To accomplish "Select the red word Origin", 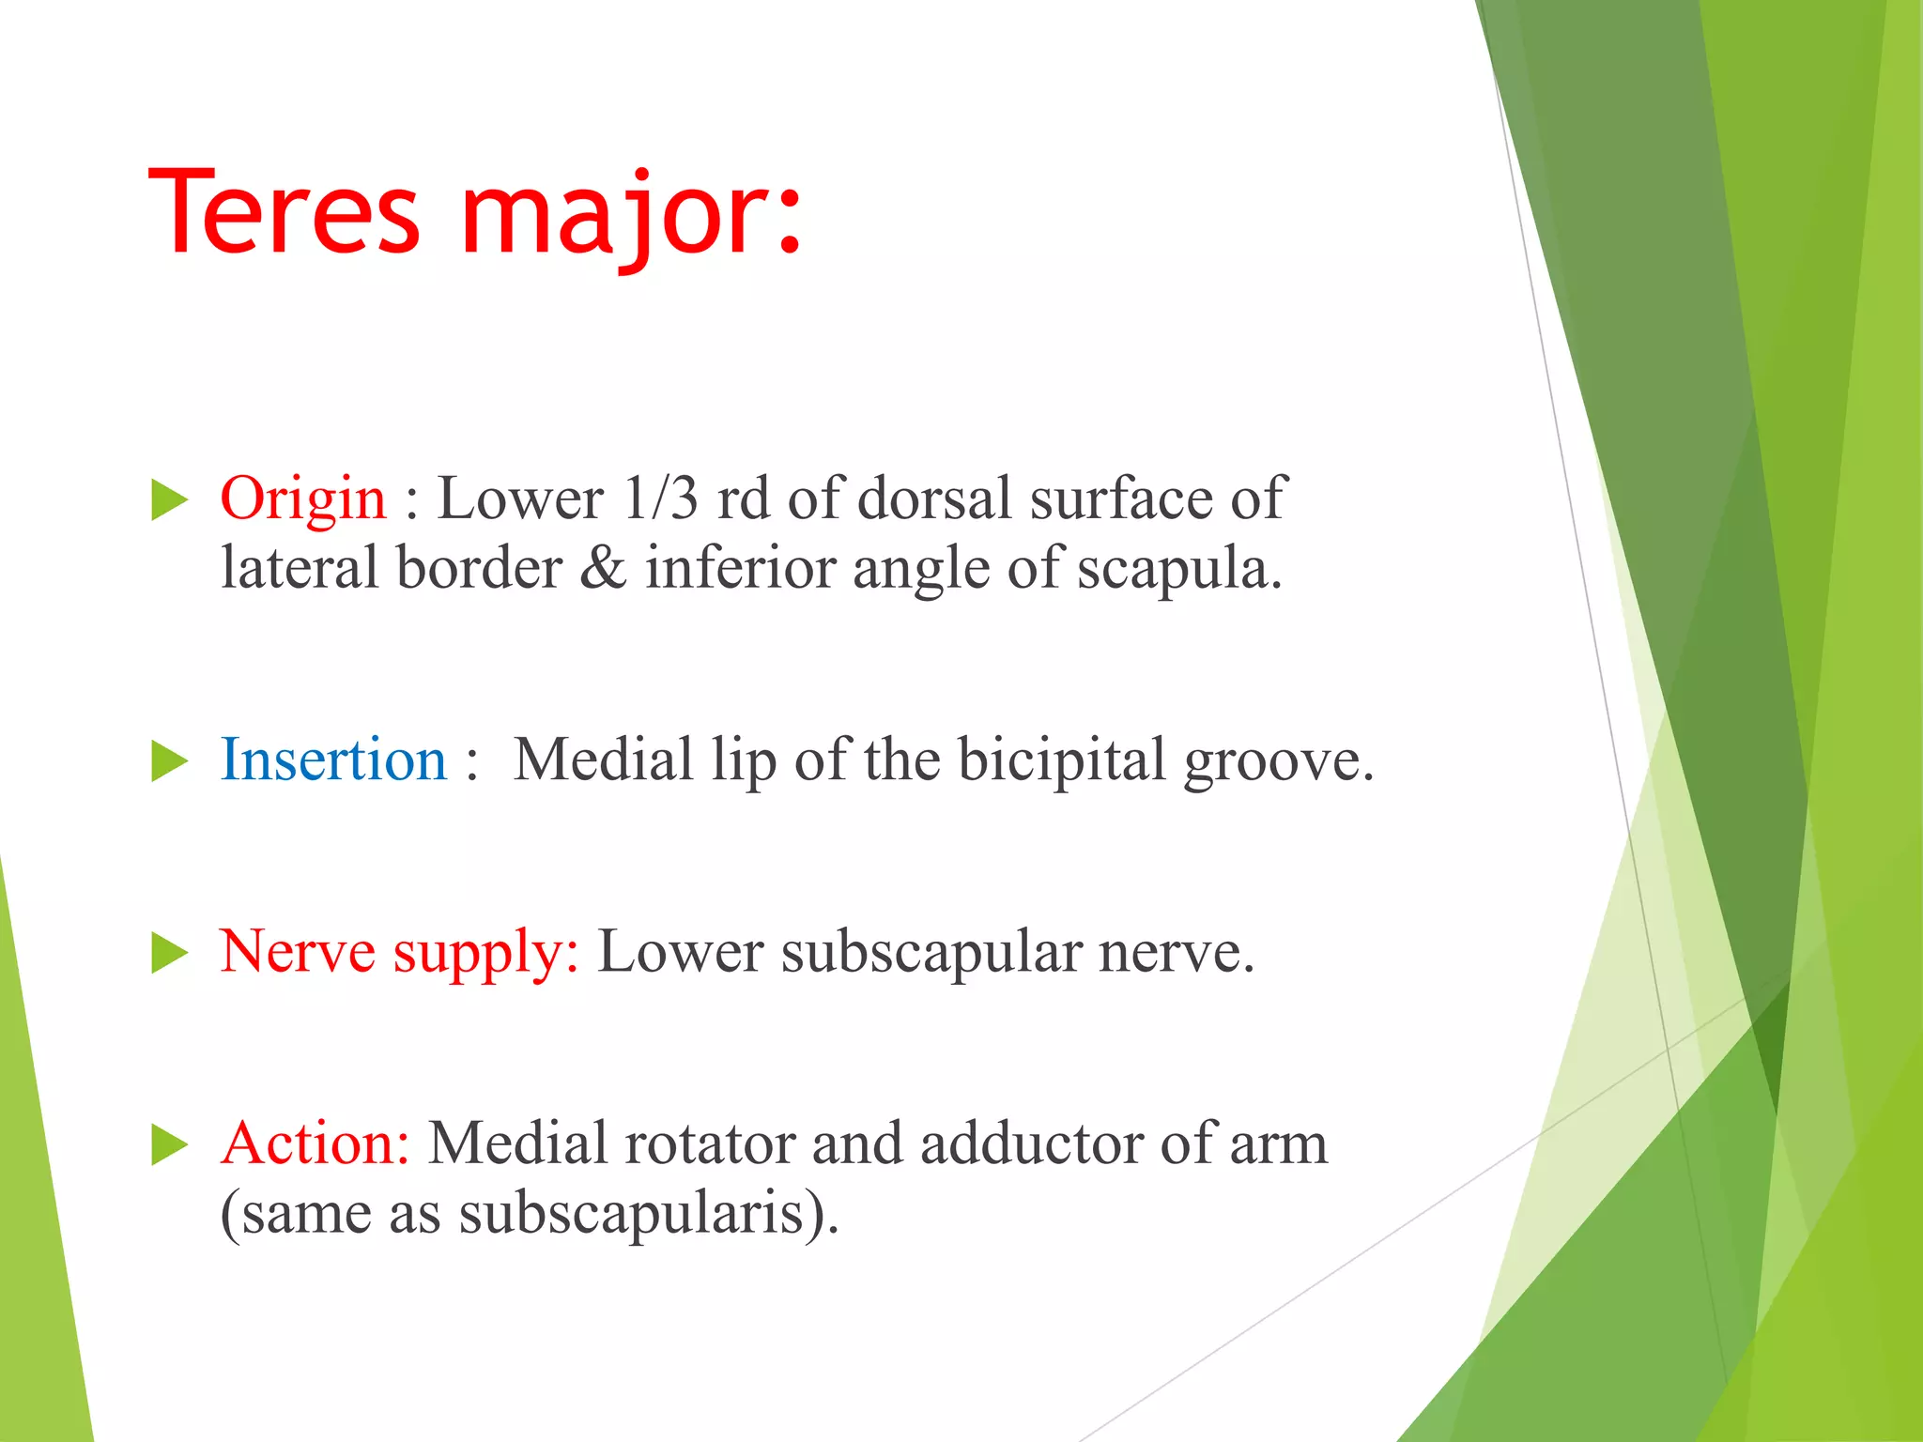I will point(302,499).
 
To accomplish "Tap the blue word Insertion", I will point(333,759).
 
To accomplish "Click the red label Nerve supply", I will point(399,952).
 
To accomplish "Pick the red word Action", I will point(315,1143).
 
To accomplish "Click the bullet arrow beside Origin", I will point(169,499).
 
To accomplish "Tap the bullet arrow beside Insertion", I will point(169,760).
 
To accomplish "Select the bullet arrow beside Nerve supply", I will point(169,954).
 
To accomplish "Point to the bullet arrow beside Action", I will point(169,1145).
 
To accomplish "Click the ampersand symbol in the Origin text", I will point(602,568).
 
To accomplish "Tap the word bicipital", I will point(1061,759).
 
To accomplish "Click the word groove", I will point(1277,761).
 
